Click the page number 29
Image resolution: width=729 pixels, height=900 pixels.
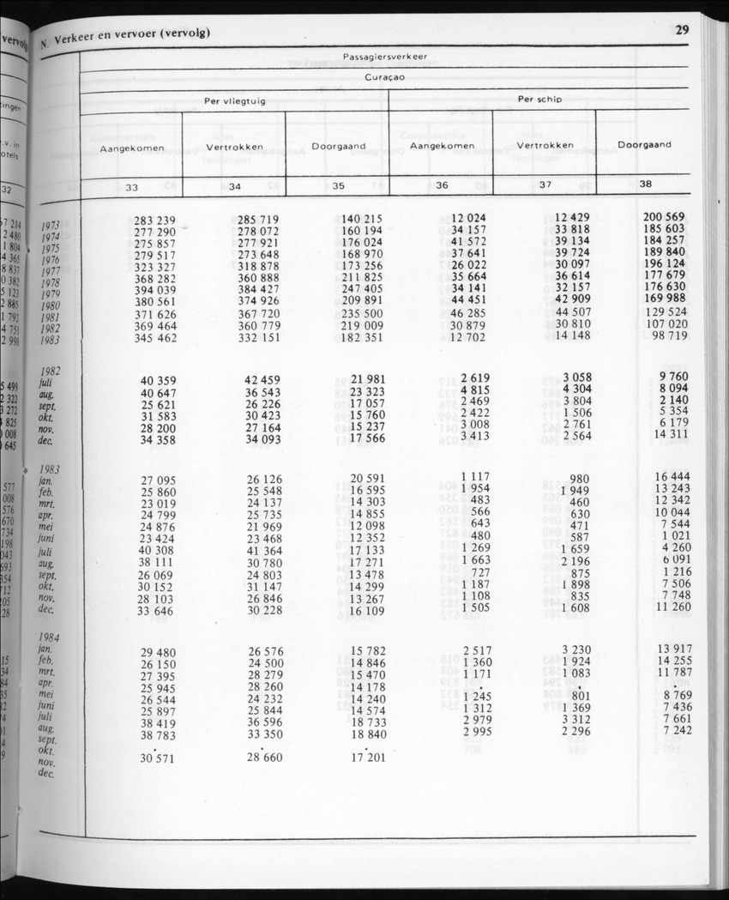[x=682, y=29]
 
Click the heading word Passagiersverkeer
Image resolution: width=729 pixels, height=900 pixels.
[x=385, y=57]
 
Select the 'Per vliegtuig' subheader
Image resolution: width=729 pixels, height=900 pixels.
[x=234, y=101]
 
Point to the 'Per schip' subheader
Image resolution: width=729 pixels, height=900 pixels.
[x=539, y=100]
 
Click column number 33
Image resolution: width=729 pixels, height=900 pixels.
[x=131, y=187]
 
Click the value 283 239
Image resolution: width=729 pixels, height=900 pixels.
[x=154, y=220]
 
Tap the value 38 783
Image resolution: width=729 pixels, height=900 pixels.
[x=158, y=736]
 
